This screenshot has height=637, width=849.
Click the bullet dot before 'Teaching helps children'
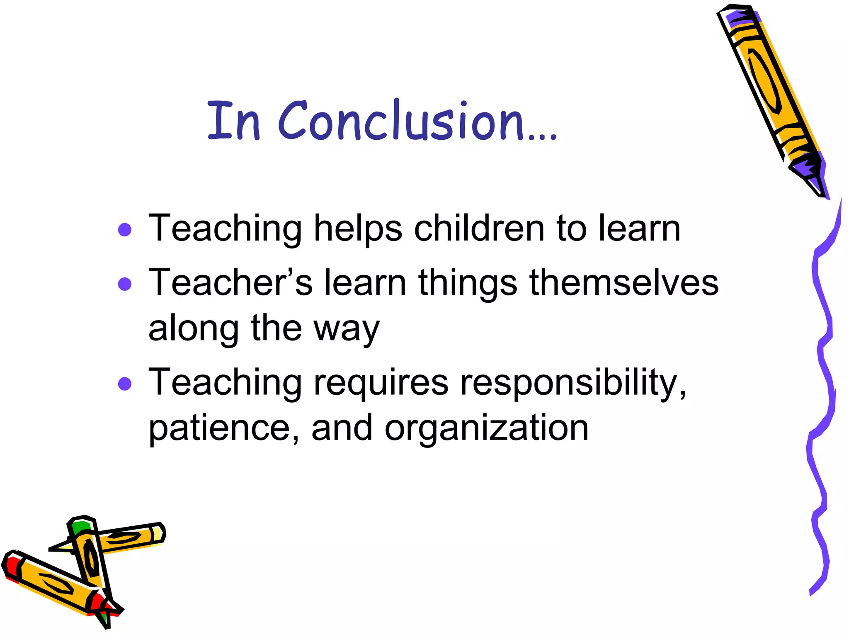coord(125,229)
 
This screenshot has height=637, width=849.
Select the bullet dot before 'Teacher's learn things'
coord(125,284)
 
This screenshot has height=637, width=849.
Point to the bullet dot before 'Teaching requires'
coord(125,384)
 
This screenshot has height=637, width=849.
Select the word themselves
coord(624,283)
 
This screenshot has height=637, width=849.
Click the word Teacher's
coord(230,283)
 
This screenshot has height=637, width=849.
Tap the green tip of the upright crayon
coord(80,528)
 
